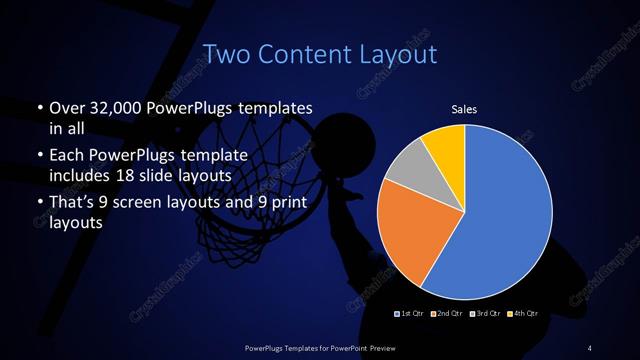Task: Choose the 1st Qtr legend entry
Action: (x=411, y=315)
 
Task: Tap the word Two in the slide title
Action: (x=226, y=52)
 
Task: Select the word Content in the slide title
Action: (x=304, y=52)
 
